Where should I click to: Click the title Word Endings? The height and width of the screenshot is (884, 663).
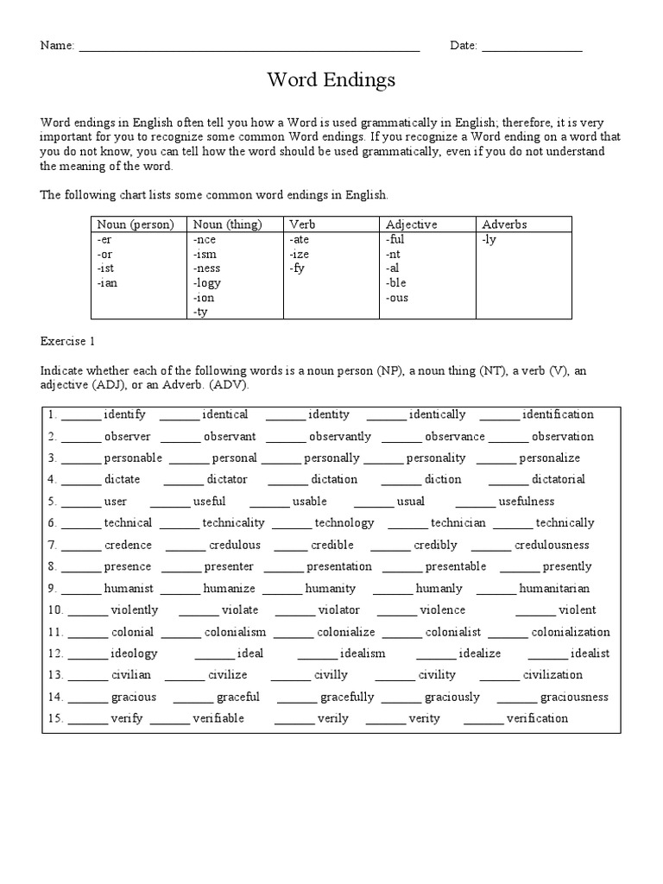pyautogui.click(x=331, y=80)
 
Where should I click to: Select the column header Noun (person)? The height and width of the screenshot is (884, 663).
pyautogui.click(x=136, y=224)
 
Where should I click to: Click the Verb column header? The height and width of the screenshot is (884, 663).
pyautogui.click(x=302, y=224)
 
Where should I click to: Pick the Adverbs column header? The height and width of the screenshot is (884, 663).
pyautogui.click(x=505, y=224)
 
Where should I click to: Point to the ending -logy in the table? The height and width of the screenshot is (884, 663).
pyautogui.click(x=208, y=283)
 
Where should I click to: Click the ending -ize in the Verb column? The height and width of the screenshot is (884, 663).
pyautogui.click(x=300, y=255)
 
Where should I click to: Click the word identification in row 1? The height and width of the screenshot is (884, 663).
pyautogui.click(x=558, y=414)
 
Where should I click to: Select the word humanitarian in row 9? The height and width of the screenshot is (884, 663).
pyautogui.click(x=554, y=589)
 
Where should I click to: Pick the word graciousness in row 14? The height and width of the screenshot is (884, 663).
pyautogui.click(x=574, y=697)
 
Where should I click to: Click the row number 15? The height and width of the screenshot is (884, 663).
pyautogui.click(x=54, y=718)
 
